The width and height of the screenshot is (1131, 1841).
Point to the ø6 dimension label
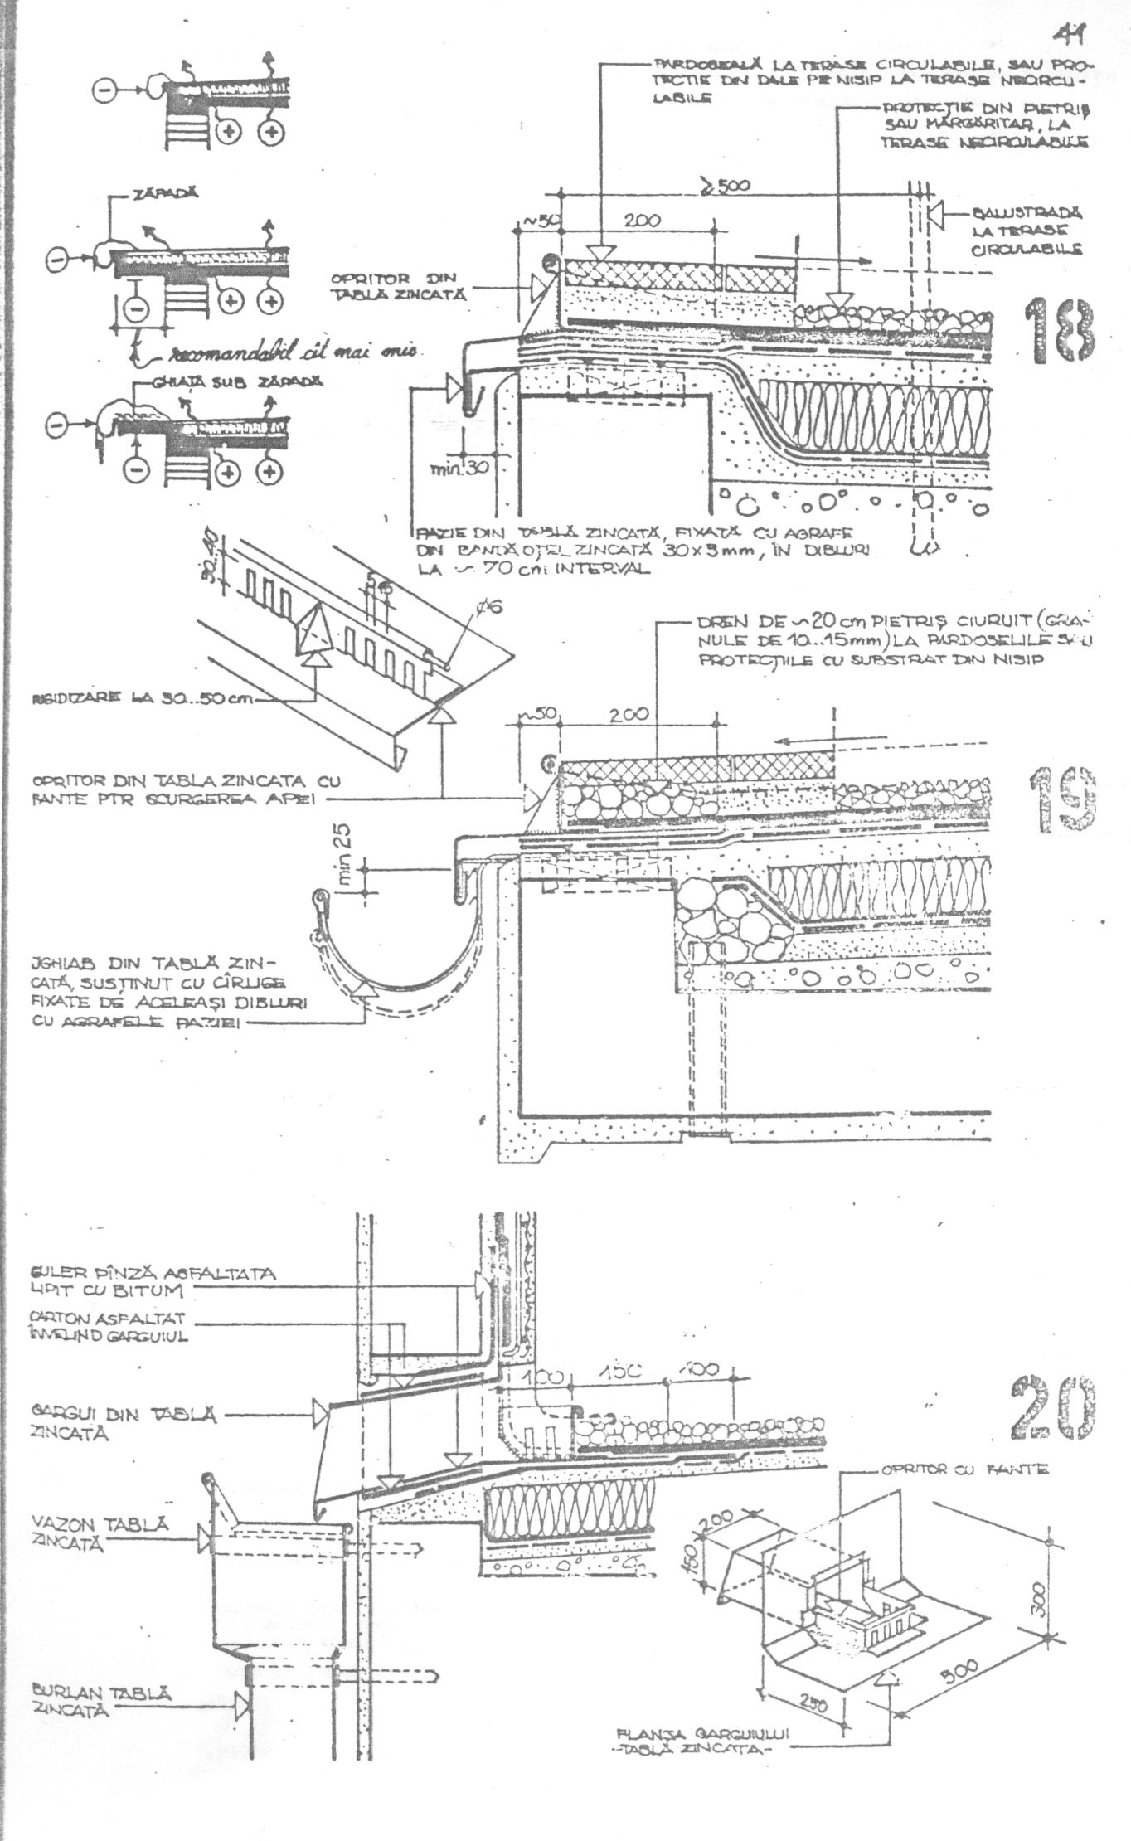tap(489, 612)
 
